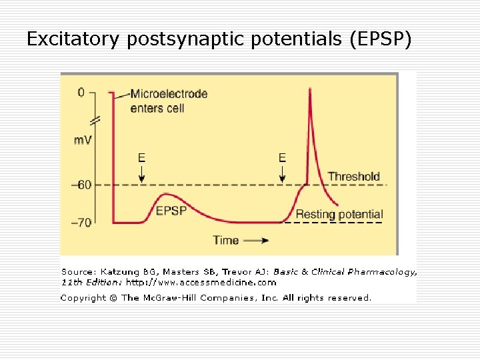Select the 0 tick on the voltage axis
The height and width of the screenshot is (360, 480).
pyautogui.click(x=81, y=93)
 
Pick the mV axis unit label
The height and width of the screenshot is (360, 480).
pyautogui.click(x=83, y=140)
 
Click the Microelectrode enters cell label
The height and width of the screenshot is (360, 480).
pyautogui.click(x=168, y=101)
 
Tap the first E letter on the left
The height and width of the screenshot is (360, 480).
pyautogui.click(x=141, y=158)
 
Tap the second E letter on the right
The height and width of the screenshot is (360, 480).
pyautogui.click(x=282, y=158)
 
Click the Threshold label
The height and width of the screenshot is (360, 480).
pyautogui.click(x=353, y=177)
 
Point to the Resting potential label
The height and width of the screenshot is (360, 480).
pyautogui.click(x=339, y=214)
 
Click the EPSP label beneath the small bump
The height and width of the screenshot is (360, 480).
pyautogui.click(x=171, y=211)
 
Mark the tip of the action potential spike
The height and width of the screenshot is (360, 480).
pyautogui.click(x=310, y=88)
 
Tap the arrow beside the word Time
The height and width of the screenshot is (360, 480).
pyautogui.click(x=257, y=240)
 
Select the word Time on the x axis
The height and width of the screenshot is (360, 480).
pyautogui.click(x=226, y=240)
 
